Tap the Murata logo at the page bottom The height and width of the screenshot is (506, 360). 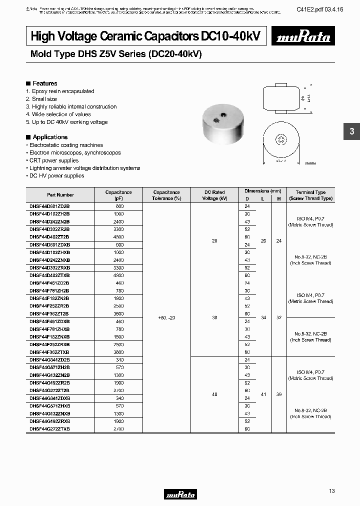[x=180, y=494]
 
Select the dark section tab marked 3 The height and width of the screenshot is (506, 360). [x=351, y=131]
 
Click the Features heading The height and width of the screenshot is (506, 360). [x=44, y=83]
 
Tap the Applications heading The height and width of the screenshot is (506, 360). [x=49, y=137]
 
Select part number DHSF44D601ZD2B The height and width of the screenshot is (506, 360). [x=49, y=206]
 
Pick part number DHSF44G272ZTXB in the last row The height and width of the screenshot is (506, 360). [x=49, y=429]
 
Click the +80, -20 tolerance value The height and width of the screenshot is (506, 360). [x=166, y=317]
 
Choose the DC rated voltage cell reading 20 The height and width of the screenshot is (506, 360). [x=214, y=240]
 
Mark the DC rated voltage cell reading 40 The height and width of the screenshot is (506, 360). [x=214, y=394]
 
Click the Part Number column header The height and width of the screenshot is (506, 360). [x=60, y=195]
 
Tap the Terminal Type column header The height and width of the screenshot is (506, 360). [x=310, y=195]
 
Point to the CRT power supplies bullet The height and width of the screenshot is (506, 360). [x=53, y=160]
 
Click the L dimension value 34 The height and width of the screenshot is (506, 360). [x=263, y=317]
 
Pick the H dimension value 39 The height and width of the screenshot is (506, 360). [x=279, y=394]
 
